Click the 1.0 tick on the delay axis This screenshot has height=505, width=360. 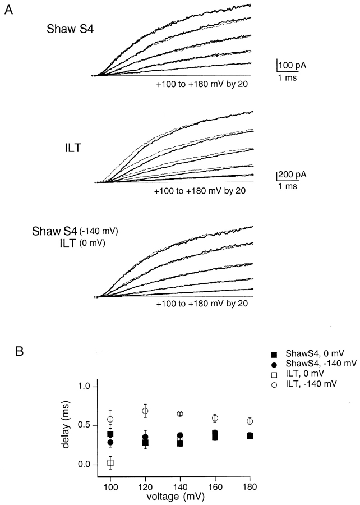coord(85,387)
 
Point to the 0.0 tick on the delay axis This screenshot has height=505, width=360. coord(85,464)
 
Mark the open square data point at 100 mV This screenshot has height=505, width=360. coord(110,463)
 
